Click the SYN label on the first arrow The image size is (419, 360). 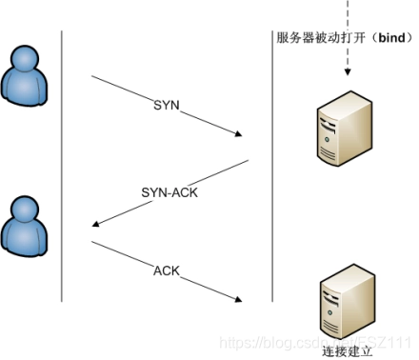pyautogui.click(x=166, y=103)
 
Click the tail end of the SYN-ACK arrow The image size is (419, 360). pyautogui.click(x=247, y=164)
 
